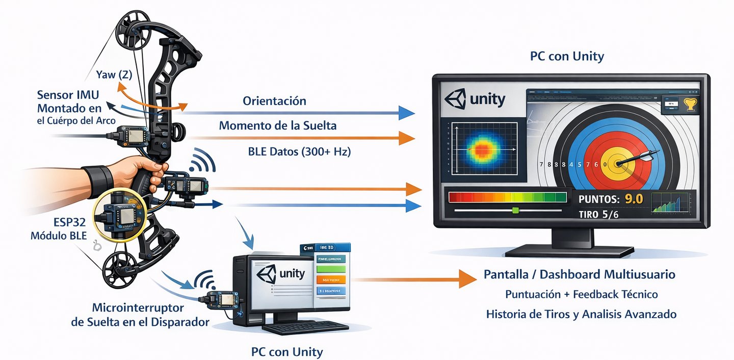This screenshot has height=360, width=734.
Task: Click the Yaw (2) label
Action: pos(114,75)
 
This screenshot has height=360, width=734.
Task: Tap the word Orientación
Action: pos(274,101)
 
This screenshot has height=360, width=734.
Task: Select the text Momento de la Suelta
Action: pos(278,125)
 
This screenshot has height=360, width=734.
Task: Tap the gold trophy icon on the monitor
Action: pos(690,104)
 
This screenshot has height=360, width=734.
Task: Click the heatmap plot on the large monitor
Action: pos(481,149)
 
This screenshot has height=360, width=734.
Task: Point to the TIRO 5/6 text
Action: pos(598,215)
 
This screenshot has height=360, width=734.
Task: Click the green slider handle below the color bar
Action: pos(515,210)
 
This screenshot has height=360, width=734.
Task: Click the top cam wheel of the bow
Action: pos(132,31)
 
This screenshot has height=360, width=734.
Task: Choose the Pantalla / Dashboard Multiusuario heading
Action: pos(579,275)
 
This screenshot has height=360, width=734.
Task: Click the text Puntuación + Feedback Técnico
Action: pos(581,294)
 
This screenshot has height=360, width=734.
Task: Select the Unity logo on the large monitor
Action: pos(475,99)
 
